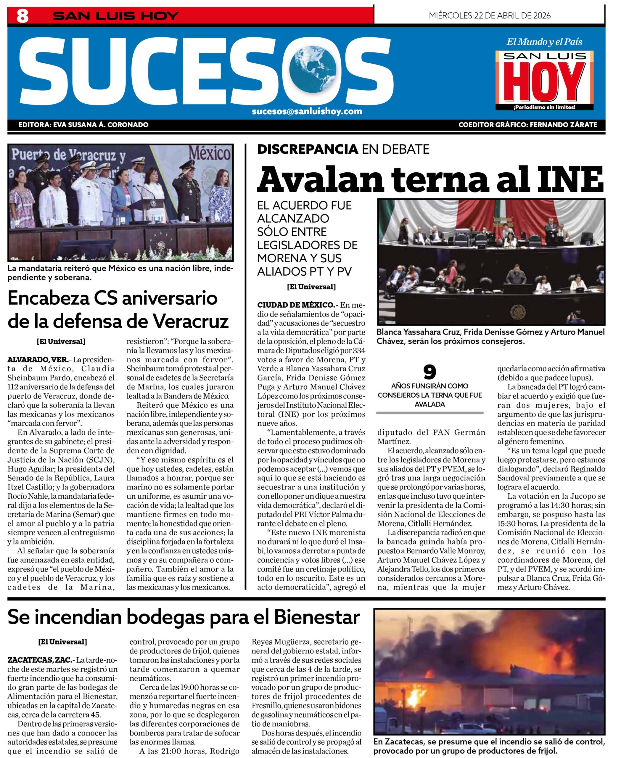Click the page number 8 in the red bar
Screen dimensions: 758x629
pos(22,16)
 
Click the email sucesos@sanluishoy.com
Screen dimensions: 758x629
pos(307,111)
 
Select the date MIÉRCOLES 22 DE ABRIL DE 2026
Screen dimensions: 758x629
pos(489,15)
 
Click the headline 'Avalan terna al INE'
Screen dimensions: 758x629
pos(430,180)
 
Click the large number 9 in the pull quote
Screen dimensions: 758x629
pos(429,372)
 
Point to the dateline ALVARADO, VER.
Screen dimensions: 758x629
pos(38,359)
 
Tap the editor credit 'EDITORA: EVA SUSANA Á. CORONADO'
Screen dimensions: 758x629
pos(83,125)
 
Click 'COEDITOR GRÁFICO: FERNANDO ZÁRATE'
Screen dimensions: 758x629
pos(527,125)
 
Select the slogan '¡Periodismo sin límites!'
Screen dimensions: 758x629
pos(544,107)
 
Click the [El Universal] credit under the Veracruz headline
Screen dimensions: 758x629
pos(61,341)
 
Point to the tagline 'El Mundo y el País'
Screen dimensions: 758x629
pos(544,42)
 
